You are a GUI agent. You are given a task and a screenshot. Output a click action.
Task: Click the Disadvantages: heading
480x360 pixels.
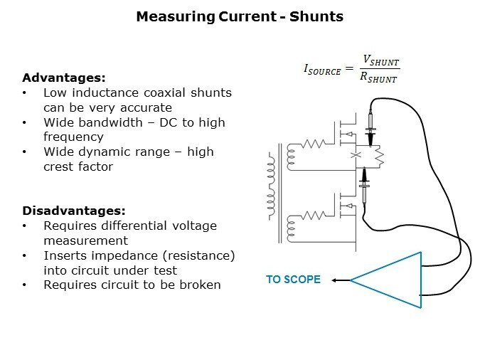click(73, 211)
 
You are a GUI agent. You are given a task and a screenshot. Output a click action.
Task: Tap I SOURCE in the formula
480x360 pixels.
click(322, 70)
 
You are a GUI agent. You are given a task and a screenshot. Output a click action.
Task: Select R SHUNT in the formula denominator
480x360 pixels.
click(379, 78)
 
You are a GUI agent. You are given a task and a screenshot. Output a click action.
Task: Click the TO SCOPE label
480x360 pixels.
click(293, 280)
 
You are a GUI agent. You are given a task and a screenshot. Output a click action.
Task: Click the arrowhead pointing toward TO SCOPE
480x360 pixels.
click(335, 280)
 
